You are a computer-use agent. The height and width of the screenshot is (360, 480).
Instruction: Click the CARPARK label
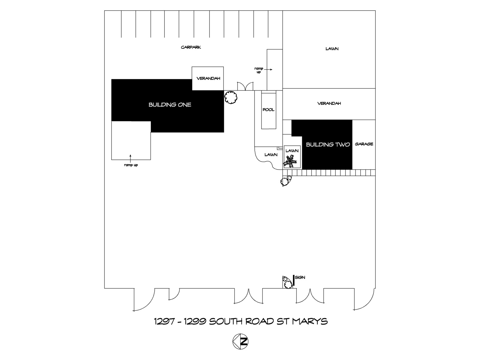coord(191,47)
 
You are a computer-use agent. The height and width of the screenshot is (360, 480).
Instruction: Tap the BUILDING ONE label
coord(170,105)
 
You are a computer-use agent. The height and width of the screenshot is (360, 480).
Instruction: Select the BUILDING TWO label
coord(328,145)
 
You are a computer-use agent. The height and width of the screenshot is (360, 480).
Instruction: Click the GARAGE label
coord(364,144)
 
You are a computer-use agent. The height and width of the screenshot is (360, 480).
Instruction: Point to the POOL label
coord(268,110)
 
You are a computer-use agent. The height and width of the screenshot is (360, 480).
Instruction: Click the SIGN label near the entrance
coord(300,277)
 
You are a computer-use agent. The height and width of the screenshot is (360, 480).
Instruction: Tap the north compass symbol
coord(240,341)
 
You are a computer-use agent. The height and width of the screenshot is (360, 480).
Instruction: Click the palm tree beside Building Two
coord(290,161)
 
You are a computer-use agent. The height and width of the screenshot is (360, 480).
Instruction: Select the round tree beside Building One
coord(231,97)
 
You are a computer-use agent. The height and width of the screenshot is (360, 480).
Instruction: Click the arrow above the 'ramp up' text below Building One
coord(130,158)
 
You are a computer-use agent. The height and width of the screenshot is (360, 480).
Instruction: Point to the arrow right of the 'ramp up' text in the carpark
coord(268,70)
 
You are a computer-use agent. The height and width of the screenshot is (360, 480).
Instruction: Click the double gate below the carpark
coord(245,86)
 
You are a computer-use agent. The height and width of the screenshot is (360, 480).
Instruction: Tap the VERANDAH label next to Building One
coord(208,79)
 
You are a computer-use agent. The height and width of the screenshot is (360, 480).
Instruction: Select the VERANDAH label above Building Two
coord(329,103)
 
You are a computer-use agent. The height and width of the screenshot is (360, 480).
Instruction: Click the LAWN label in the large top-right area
coord(332,49)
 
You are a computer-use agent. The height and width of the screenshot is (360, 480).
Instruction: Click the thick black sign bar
coord(294,280)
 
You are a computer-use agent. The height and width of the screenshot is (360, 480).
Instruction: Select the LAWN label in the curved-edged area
coord(271,155)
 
